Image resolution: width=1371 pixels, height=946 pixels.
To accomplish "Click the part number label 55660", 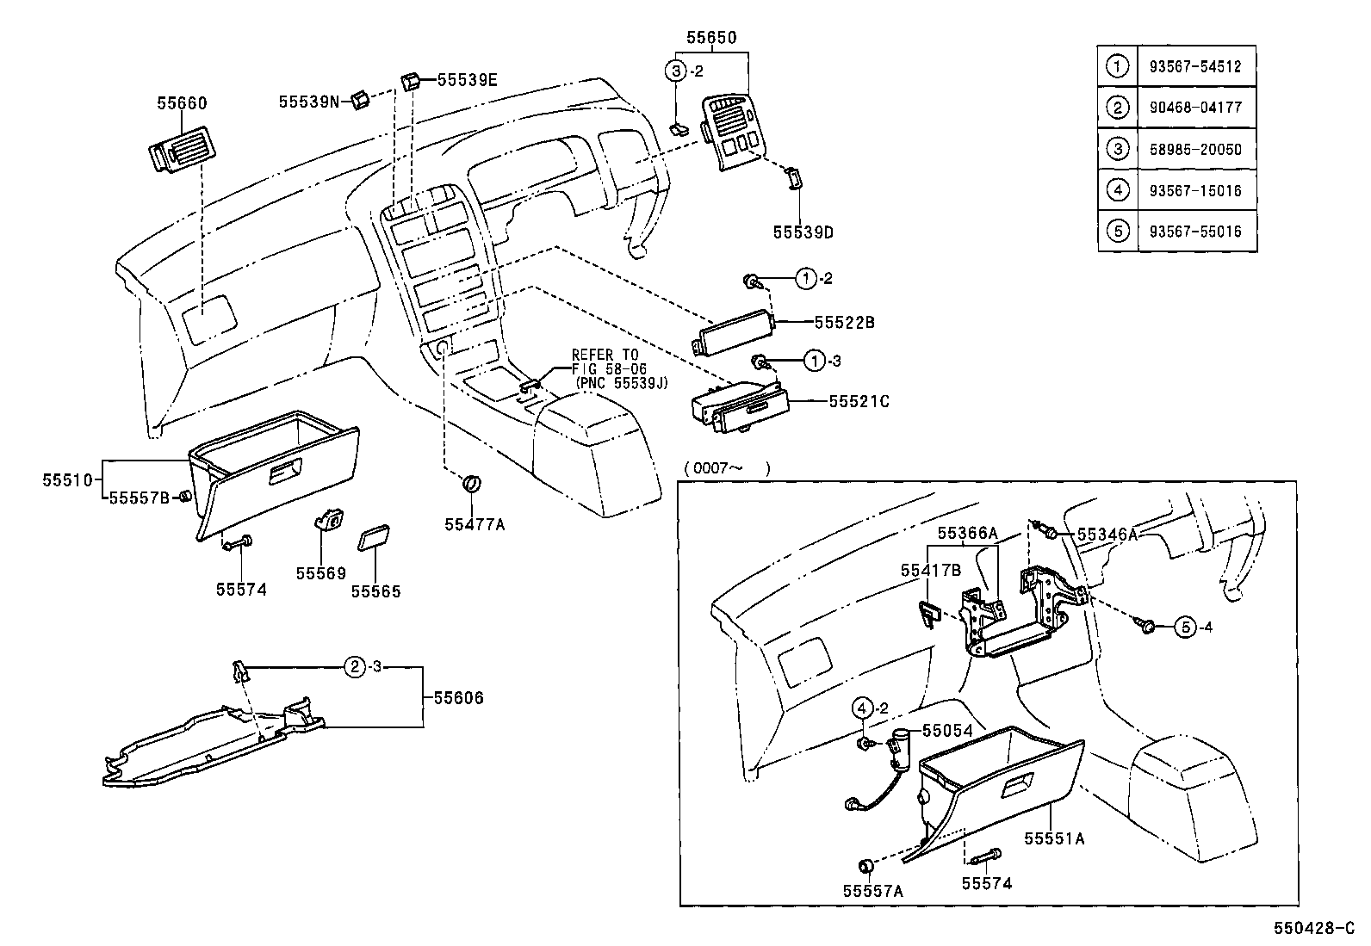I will (182, 103).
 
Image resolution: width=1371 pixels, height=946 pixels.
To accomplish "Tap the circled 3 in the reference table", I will (1118, 149).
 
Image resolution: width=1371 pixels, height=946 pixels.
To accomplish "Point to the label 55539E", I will (467, 80).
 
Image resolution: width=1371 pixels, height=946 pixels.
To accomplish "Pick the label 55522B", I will (844, 323).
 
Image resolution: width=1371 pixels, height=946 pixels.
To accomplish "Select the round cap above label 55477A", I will (471, 484).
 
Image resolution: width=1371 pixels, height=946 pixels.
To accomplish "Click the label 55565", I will (375, 591).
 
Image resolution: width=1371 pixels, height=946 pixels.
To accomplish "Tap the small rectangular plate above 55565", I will (374, 537).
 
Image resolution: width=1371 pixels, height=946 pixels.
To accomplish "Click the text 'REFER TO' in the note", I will (605, 355).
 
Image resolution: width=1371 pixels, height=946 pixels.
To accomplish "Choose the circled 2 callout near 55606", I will (355, 667).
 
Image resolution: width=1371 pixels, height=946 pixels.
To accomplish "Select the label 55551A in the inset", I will (1054, 838).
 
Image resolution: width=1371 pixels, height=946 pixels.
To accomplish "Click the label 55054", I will (947, 730).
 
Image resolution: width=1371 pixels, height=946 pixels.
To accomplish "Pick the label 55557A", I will (872, 892).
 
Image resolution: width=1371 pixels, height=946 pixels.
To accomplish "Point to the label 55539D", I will (803, 232).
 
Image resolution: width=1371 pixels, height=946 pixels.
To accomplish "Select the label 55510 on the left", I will (67, 480).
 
